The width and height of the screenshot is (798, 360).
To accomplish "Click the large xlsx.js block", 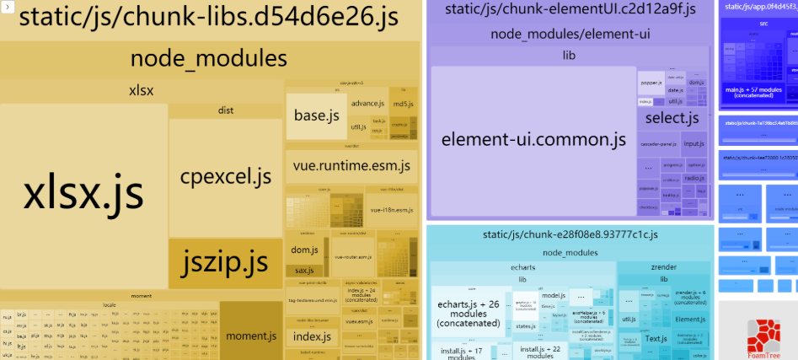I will tap(83, 195).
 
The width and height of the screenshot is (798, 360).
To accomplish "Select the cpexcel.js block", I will tap(225, 176).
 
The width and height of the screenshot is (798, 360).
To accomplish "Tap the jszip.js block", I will tap(225, 263).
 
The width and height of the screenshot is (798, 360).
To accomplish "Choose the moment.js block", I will tap(250, 336).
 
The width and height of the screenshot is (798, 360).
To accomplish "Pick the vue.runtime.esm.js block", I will tap(351, 166).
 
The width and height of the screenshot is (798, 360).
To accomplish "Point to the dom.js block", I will tap(303, 250).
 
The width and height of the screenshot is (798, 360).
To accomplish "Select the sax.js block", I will tap(303, 271).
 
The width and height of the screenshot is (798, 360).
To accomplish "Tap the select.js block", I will tap(672, 118).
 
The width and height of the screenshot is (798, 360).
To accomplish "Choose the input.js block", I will tap(694, 144).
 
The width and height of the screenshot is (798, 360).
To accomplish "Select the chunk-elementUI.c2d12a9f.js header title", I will tap(570, 10).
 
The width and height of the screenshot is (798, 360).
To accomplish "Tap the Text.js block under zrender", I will tap(656, 339).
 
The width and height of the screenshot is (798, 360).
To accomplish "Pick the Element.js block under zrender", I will tap(691, 320).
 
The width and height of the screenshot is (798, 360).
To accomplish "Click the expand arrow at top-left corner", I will tap(5, 6).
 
